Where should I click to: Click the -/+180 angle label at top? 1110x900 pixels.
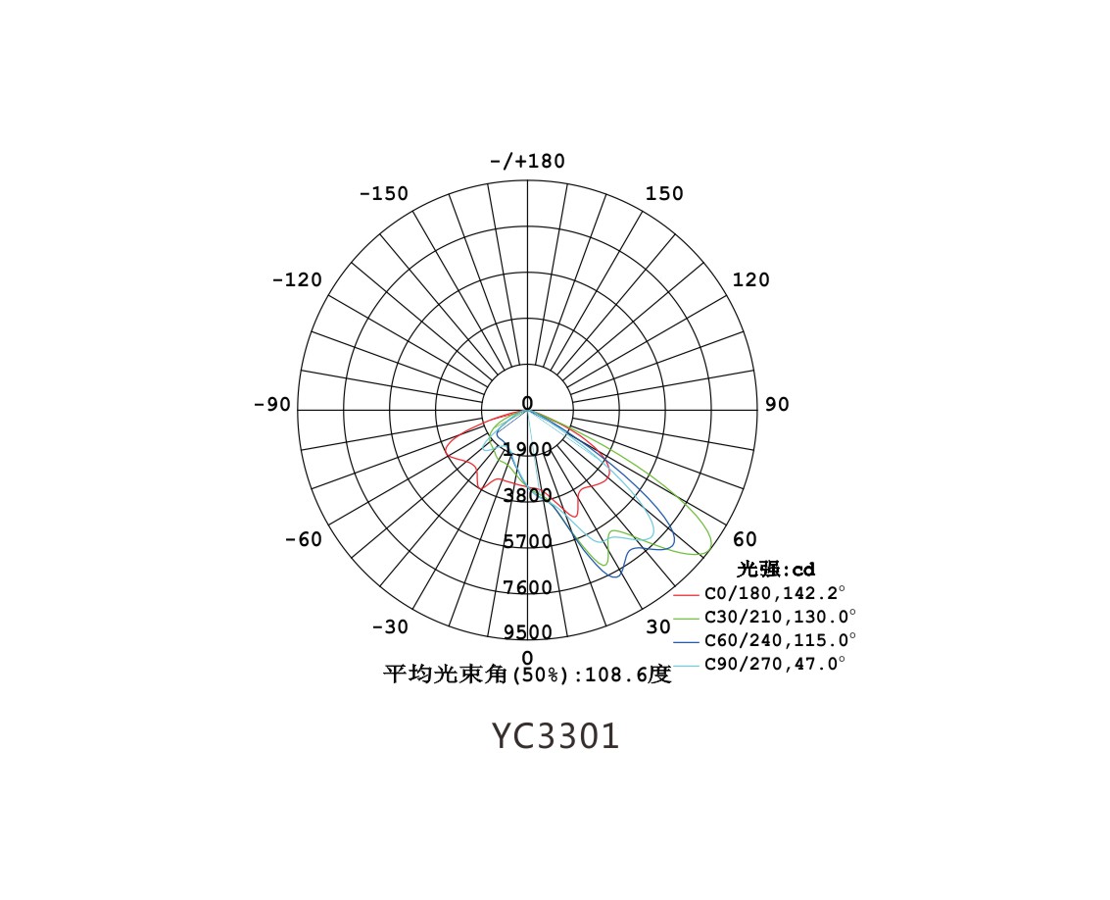tap(527, 162)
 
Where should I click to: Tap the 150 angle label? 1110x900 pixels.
tap(664, 193)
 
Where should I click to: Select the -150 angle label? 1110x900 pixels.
tap(384, 193)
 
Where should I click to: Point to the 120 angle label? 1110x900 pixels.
tap(750, 280)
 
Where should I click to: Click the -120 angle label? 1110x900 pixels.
tap(297, 280)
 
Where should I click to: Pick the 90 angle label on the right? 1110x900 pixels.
tap(777, 404)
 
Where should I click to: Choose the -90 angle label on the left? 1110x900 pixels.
tap(272, 404)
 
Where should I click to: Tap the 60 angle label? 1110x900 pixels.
tap(745, 539)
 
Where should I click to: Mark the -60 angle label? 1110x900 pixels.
tap(304, 539)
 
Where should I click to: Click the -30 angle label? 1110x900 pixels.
tap(390, 627)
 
